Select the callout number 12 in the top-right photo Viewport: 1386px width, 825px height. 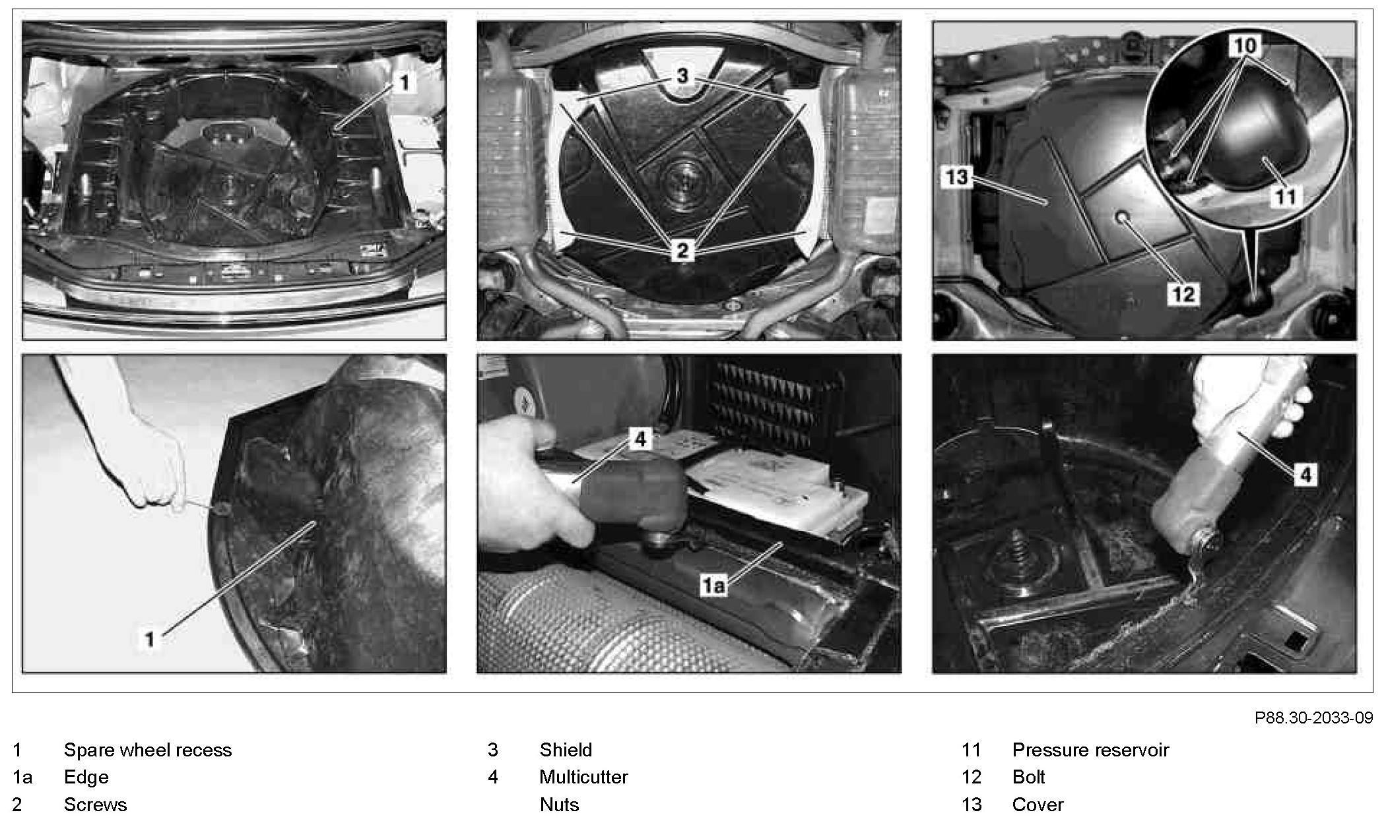click(1183, 293)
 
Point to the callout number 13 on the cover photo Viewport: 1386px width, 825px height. click(957, 177)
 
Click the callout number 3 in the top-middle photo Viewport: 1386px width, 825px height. click(682, 76)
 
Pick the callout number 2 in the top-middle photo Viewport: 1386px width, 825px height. click(682, 250)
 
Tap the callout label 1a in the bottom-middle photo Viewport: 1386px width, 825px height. click(713, 586)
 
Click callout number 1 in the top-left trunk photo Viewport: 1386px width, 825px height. click(405, 82)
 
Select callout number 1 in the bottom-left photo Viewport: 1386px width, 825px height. click(150, 638)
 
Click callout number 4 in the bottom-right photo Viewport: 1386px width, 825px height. click(1305, 474)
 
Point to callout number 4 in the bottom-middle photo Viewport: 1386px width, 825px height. click(640, 439)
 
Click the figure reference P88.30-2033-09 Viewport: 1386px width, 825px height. click(1313, 718)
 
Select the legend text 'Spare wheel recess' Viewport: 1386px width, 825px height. click(148, 750)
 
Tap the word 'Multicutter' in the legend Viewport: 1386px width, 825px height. click(583, 777)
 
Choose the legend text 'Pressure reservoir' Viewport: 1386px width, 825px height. click(1090, 750)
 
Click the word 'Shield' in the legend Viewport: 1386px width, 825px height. click(566, 750)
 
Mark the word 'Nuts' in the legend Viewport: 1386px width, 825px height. click(559, 805)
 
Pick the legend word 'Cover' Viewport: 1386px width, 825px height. click(1038, 805)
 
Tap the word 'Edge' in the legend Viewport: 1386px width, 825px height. click(86, 778)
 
